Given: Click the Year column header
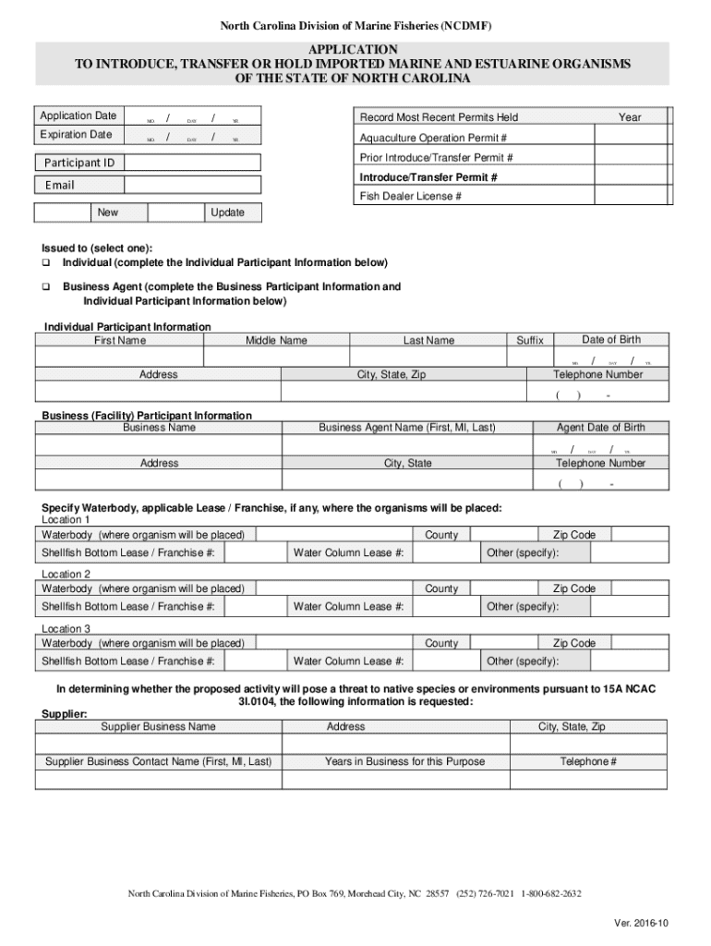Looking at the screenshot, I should point(630,117).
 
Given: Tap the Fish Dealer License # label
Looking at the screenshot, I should point(411,197).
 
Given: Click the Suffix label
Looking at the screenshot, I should point(530,341).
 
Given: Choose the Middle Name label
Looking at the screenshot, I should point(276,341).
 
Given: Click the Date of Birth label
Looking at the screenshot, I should point(610,340).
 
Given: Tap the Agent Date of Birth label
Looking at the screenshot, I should point(600,428).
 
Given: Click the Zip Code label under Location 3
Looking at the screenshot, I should point(573,643).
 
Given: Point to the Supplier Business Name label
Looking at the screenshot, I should point(158,727).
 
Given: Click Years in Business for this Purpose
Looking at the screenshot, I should point(404,762).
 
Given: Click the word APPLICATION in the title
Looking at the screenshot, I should point(354,48).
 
